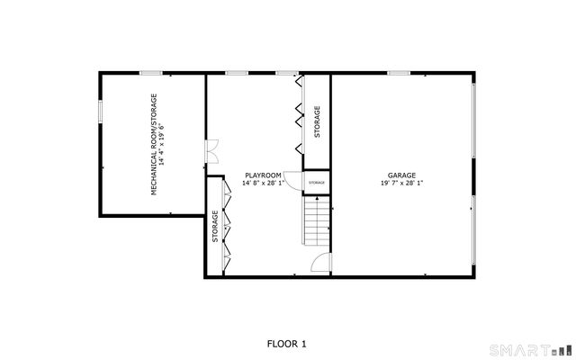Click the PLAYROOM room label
coord(263,175)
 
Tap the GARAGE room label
coord(401,175)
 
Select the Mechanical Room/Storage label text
coord(154,144)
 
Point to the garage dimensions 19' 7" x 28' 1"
coord(401,183)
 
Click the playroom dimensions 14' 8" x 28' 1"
coord(263,183)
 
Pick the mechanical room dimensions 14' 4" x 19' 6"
coord(164,144)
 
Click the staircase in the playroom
coord(316,223)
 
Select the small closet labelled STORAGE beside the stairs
coord(317,183)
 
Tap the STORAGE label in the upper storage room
coord(317,121)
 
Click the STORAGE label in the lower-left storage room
coord(215,226)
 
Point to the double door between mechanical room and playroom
coord(211,151)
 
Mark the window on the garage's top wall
coord(400,73)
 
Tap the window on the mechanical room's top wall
coord(151,73)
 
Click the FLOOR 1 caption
coord(287,343)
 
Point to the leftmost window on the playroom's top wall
coord(237,73)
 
